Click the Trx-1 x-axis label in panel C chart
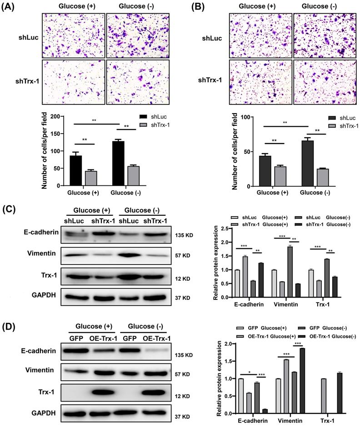coord(329,305)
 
